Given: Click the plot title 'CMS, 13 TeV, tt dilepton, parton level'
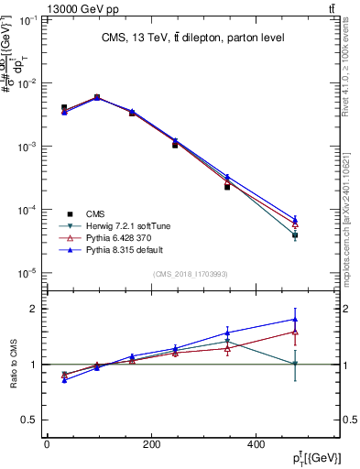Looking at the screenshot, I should tap(192, 38).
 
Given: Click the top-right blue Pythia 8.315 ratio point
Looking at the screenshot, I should tap(295, 320).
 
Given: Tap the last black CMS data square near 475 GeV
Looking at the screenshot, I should tap(295, 235).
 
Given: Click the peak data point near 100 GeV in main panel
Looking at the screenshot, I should tap(97, 97).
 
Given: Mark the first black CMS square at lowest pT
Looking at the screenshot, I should tap(64, 108).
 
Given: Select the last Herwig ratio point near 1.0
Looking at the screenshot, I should tap(295, 364).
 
